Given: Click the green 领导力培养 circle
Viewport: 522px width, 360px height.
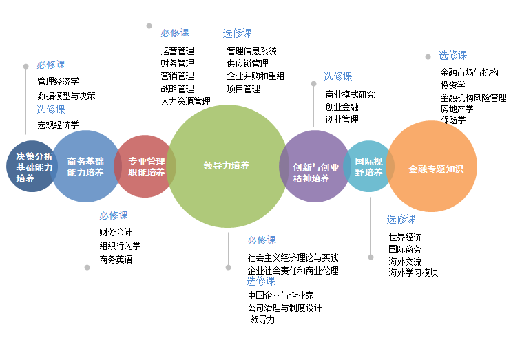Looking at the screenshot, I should [x=227, y=166].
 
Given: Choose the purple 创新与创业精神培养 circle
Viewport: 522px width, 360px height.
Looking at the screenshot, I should [x=315, y=167].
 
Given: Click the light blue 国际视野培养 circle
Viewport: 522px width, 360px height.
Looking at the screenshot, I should [x=368, y=167].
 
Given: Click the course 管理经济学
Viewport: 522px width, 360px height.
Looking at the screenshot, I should [x=58, y=82].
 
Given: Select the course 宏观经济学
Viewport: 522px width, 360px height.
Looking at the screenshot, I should [x=58, y=125].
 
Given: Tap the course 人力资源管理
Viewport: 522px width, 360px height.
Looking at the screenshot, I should [x=185, y=101].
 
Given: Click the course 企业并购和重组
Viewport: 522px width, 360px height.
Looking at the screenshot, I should [x=255, y=76].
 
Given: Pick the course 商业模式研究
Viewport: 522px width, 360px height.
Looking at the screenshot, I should [x=350, y=94].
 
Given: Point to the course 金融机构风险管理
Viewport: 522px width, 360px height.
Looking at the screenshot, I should [x=473, y=98].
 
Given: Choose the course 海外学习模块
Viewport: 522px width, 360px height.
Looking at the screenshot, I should [x=413, y=273].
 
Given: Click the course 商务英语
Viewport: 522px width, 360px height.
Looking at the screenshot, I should [x=115, y=260].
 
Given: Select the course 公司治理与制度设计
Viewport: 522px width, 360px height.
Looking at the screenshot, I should [x=284, y=308].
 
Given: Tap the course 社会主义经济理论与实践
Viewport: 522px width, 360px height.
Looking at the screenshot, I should [x=293, y=257].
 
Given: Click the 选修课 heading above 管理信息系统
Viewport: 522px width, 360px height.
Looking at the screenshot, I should [x=237, y=33].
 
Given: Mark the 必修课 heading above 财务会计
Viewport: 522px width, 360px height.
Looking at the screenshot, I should [x=113, y=215].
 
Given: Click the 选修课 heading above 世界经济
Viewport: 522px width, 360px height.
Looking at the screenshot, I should [x=401, y=219].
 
